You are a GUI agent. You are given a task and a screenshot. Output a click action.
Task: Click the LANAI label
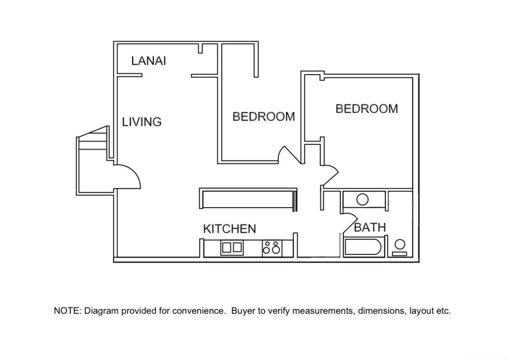pos(149,61)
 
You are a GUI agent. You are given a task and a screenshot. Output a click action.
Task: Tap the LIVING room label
pos(142,122)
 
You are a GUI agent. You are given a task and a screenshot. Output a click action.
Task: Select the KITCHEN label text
pos(230,229)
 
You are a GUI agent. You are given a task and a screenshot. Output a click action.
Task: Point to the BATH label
pos(370,227)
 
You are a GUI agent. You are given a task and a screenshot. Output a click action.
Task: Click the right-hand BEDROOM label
pos(367,109)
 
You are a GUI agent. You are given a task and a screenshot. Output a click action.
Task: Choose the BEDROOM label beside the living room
pos(264,117)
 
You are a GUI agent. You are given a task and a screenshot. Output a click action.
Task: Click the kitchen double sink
pos(232,248)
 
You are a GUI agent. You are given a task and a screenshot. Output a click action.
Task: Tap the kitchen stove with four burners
pos(272,248)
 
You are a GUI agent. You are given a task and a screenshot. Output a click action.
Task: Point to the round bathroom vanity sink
pos(362,199)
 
